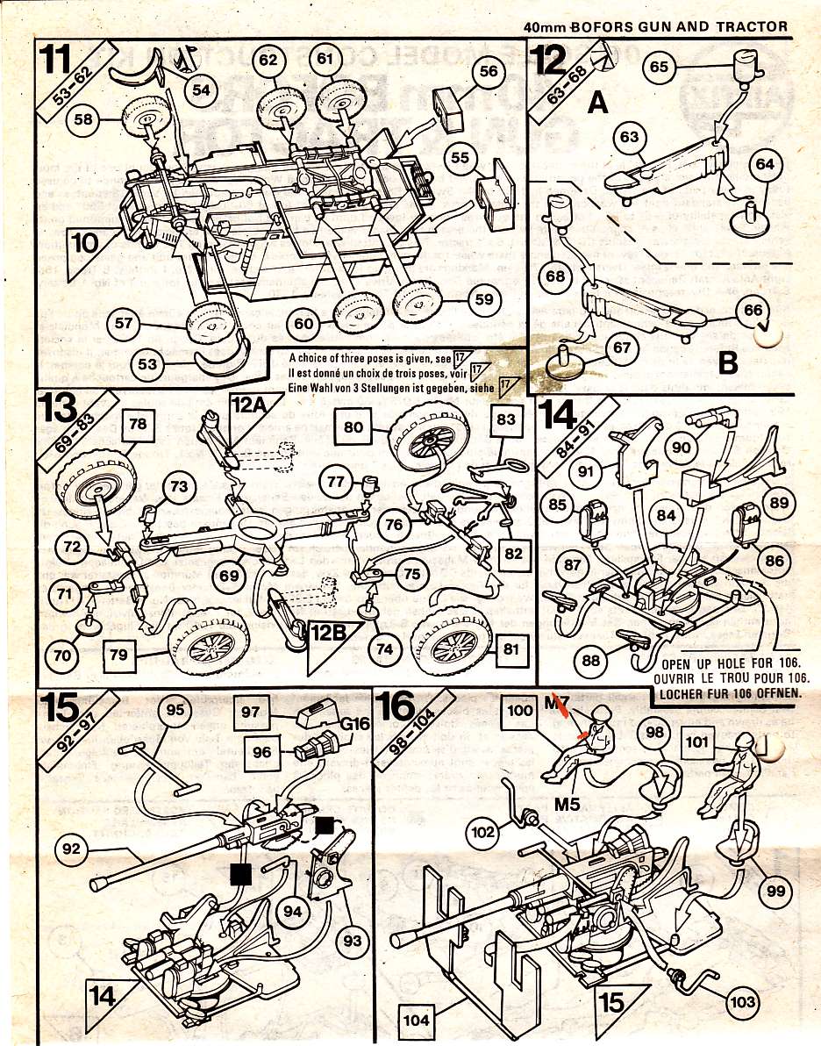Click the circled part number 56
[489, 73]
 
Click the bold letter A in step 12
[597, 104]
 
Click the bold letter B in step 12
[727, 361]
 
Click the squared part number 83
[505, 419]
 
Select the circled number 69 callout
[231, 577]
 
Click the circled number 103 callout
[744, 1000]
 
